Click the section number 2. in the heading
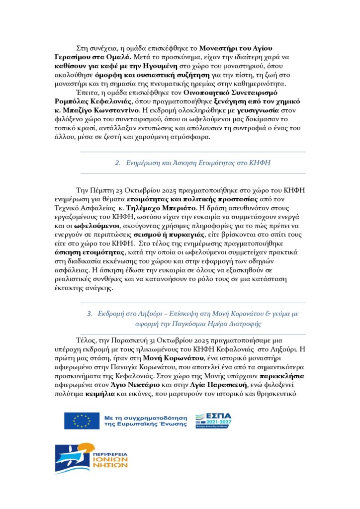[118, 163]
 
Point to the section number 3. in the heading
[90, 314]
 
